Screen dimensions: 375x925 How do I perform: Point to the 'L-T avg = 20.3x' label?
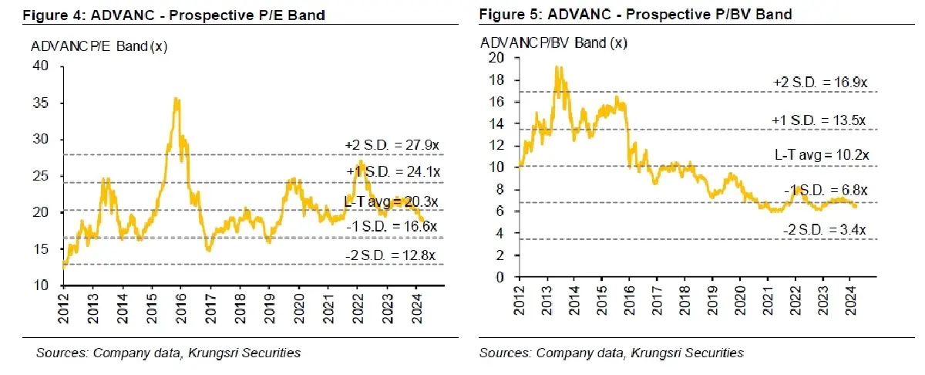point(391,203)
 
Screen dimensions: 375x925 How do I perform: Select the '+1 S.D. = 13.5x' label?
point(820,121)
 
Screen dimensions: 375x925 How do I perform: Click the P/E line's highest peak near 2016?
point(177,98)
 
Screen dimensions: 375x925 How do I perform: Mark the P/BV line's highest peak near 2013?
point(556,66)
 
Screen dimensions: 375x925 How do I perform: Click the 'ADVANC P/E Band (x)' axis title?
point(99,46)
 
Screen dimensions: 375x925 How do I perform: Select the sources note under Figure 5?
point(611,353)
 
